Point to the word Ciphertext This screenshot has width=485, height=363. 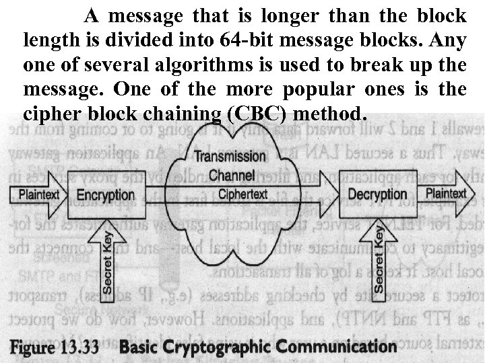click(x=243, y=195)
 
